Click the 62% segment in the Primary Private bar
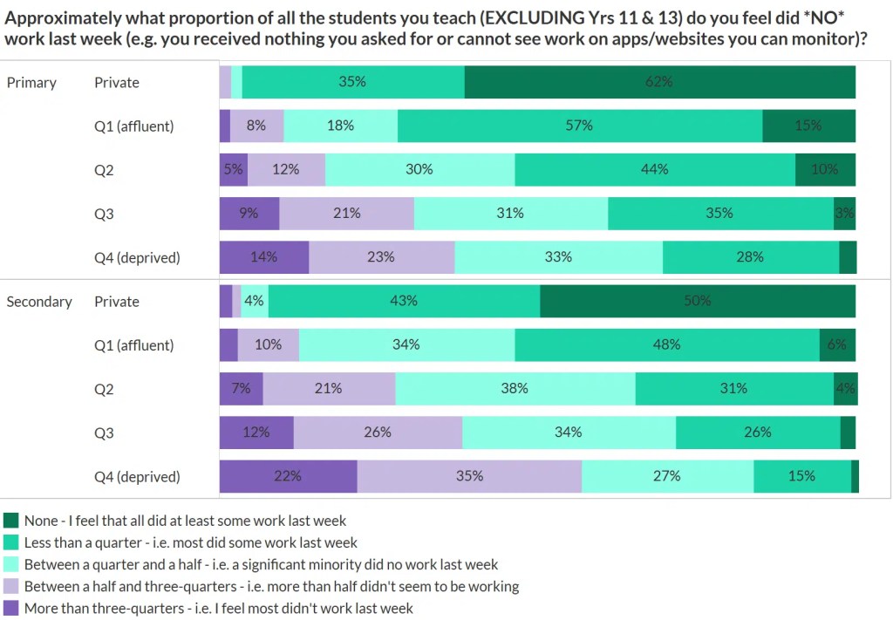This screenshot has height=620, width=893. coord(659,82)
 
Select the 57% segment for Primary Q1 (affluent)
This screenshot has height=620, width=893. coord(579,126)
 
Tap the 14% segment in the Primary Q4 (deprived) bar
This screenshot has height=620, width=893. coord(263,257)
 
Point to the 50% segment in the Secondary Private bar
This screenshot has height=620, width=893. coord(697,301)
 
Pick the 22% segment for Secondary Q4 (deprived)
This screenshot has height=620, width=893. coord(288,476)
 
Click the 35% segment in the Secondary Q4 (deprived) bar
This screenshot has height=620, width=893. coord(469,476)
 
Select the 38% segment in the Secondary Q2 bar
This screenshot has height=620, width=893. coord(515,389)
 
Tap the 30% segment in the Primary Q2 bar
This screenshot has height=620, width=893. coord(419,169)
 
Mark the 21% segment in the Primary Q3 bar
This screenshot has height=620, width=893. coord(346,213)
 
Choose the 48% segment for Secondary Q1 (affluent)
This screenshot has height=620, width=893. coord(666,344)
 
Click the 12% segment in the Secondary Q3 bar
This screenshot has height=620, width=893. coord(256,433)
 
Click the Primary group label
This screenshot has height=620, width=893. coord(31,83)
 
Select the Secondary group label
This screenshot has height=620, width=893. coord(39,302)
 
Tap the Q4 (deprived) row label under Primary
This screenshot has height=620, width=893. coord(137,257)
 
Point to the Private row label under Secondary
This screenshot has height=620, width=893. coord(117,302)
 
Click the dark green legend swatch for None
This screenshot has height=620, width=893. coord(11,521)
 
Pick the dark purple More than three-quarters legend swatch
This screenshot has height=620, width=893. coord(11,608)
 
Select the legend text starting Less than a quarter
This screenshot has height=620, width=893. coord(191,542)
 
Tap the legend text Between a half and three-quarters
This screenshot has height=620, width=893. coord(271,586)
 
